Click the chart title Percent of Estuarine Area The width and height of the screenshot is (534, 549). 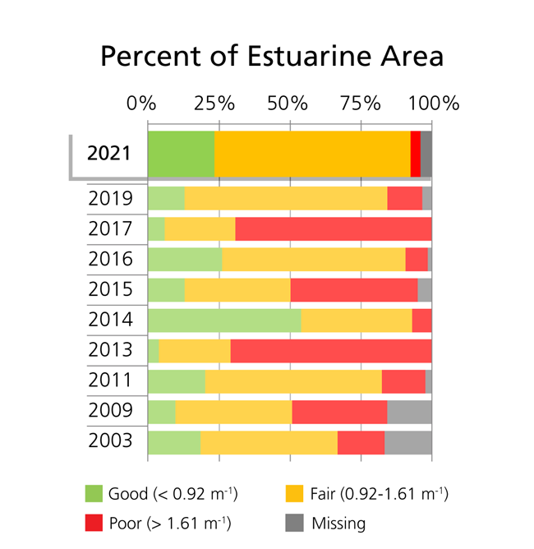(272, 56)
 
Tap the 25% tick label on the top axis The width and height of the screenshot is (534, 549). (214, 104)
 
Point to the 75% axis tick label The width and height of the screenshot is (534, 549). (361, 104)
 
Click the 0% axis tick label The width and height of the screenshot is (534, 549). (141, 104)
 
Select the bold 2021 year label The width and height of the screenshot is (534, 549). (108, 153)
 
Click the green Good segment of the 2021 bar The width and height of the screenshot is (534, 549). (181, 153)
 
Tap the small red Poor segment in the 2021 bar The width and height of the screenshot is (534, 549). (415, 153)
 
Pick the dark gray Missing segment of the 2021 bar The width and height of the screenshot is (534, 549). (426, 153)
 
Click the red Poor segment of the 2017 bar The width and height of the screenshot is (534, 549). (333, 228)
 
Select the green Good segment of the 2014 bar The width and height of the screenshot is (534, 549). (224, 320)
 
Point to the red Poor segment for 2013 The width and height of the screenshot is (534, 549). (330, 350)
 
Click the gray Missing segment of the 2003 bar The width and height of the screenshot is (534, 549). (407, 441)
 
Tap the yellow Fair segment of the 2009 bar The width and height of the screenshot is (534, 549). (233, 411)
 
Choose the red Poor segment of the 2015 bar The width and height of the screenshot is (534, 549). (354, 289)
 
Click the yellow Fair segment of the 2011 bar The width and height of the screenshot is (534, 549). (293, 381)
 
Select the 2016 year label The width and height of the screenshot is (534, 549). (110, 259)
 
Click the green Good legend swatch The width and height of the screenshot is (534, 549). (94, 493)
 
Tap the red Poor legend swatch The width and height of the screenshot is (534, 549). (94, 521)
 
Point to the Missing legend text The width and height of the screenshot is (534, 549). (338, 522)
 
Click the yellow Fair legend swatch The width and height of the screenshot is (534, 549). (295, 493)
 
